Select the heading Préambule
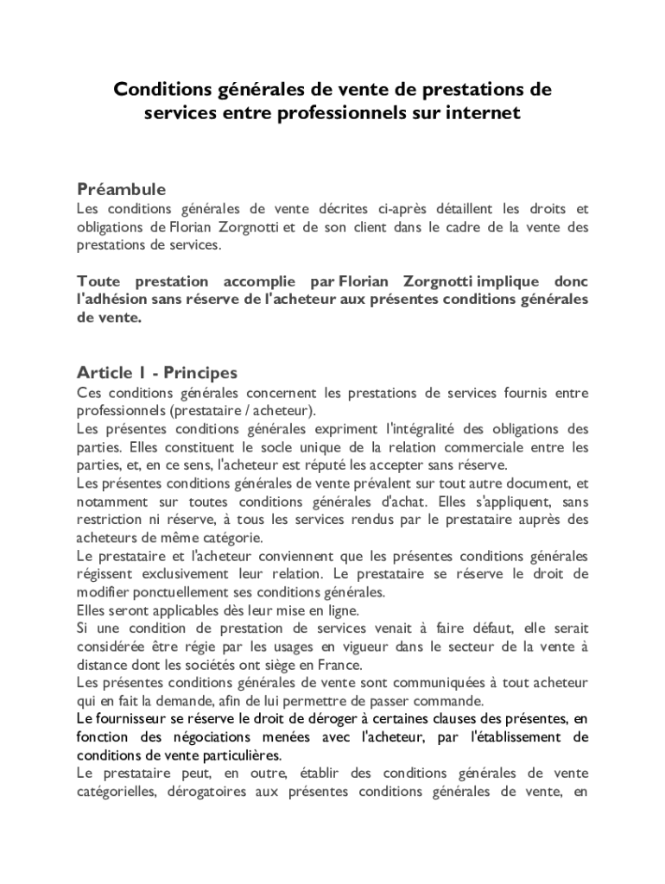tap(121, 189)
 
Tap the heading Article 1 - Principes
tap(157, 373)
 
